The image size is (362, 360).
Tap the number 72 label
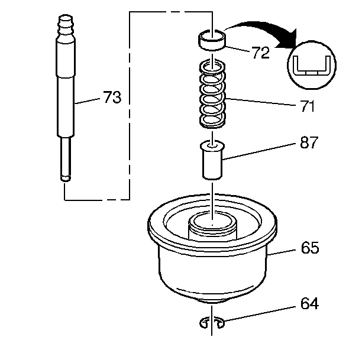(260, 53)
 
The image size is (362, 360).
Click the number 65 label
(309, 248)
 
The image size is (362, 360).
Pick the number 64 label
(309, 304)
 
